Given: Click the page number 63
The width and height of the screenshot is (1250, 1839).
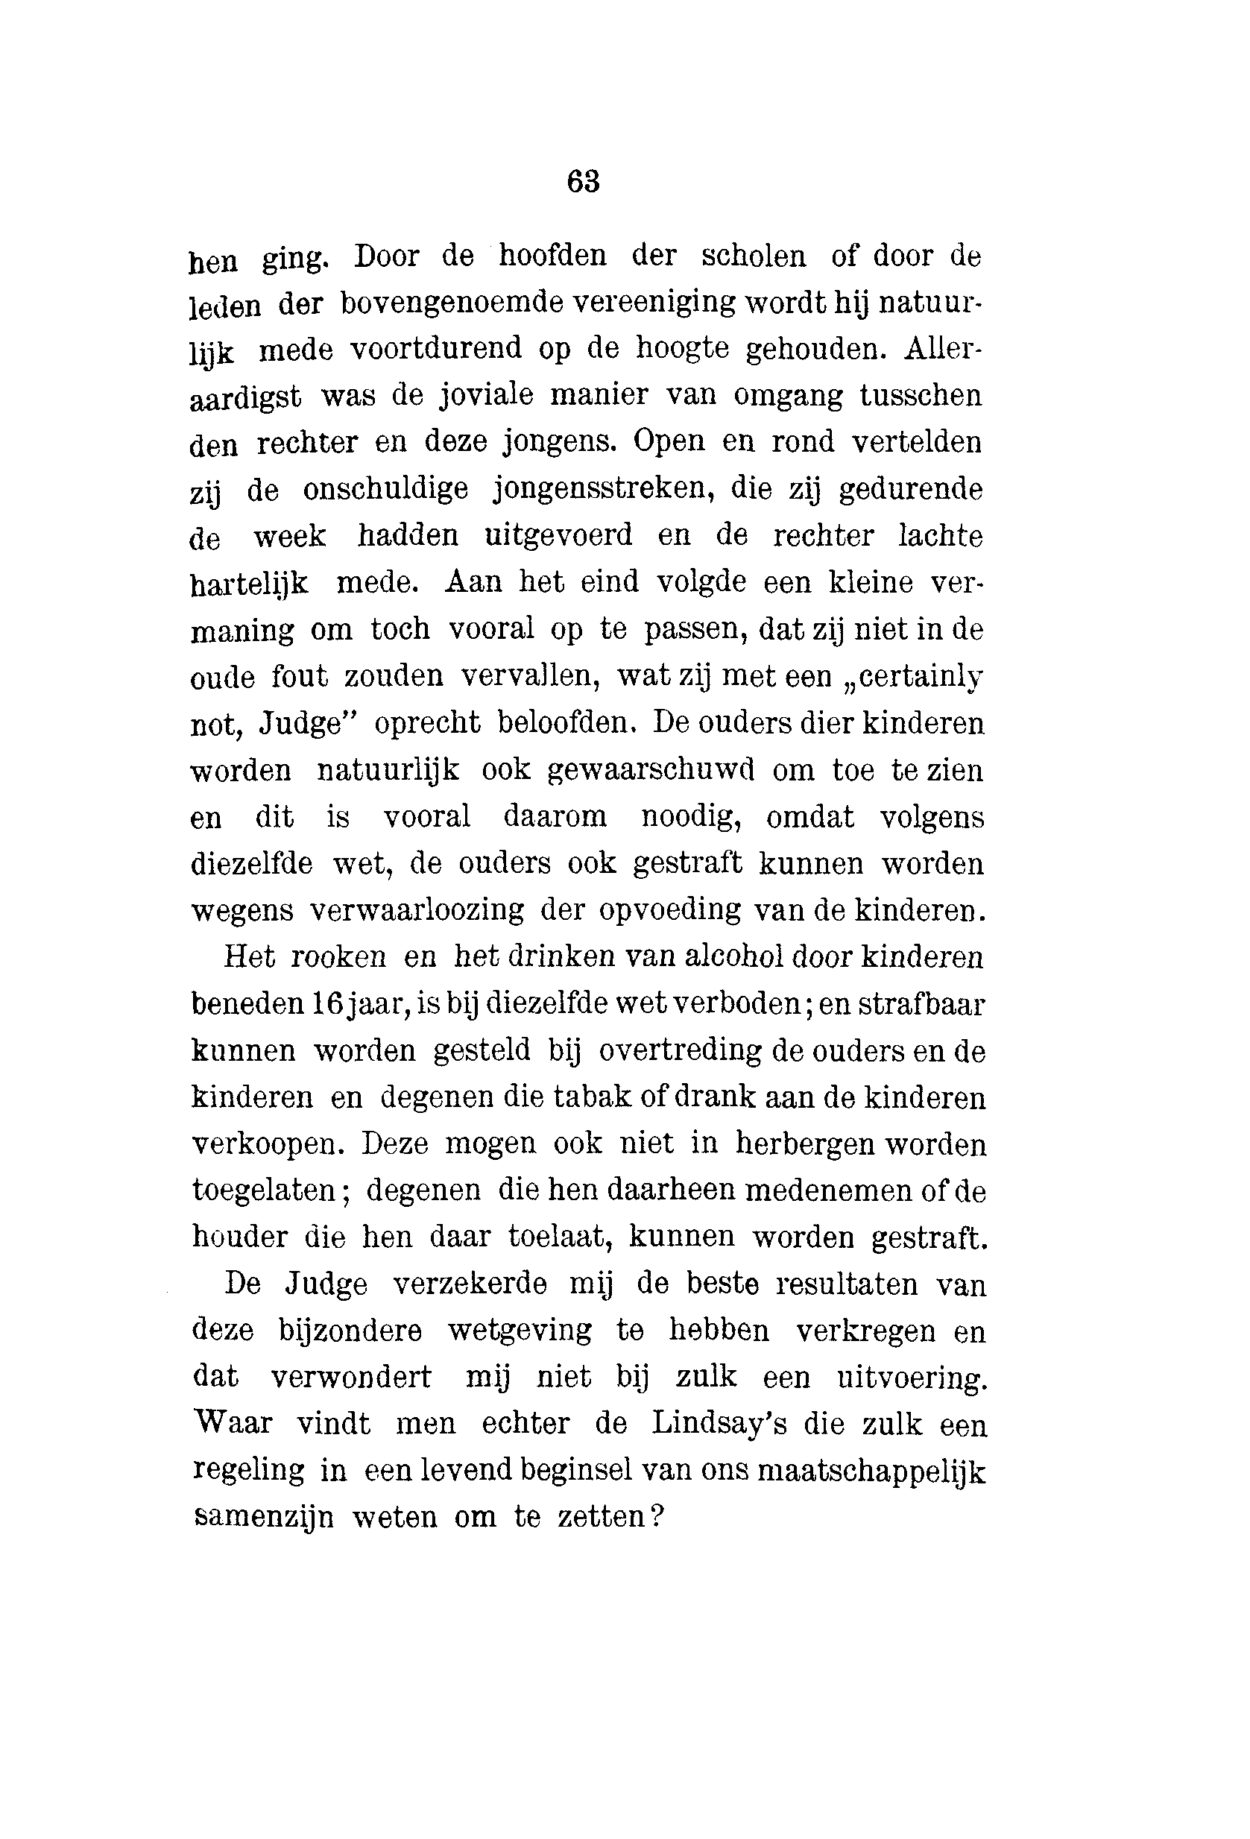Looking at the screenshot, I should [x=583, y=182].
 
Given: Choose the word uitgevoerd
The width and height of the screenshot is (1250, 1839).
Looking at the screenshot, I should [x=558, y=536].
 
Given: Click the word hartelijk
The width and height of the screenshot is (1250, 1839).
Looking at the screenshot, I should [x=250, y=584].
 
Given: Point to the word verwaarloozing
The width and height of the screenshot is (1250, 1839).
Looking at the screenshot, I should [x=417, y=910].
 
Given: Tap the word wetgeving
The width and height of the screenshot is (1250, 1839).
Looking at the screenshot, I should [x=520, y=1331].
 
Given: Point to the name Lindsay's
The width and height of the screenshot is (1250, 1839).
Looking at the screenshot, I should [x=719, y=1425].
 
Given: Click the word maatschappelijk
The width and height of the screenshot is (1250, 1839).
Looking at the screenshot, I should [x=872, y=1471].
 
